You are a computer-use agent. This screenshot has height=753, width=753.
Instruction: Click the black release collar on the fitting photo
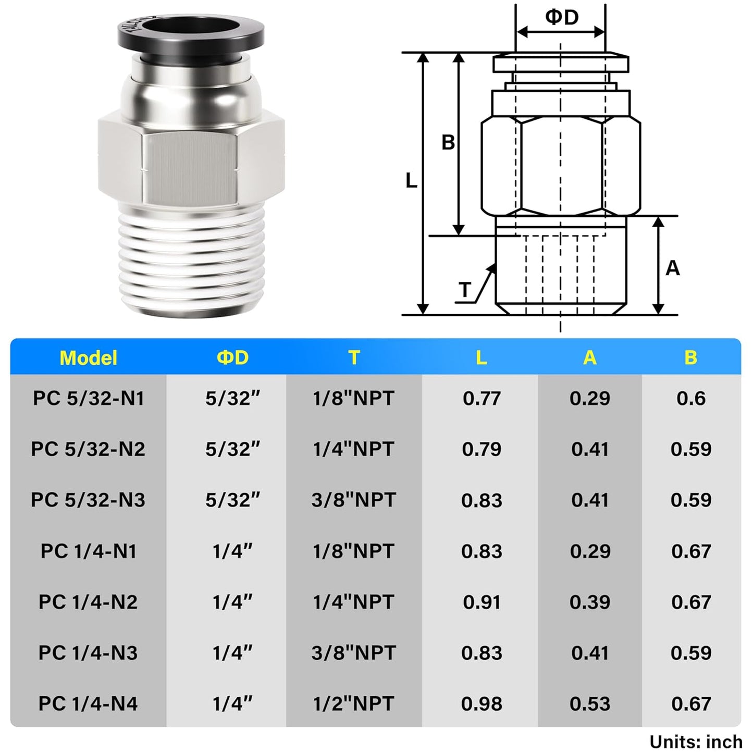pyautogui.click(x=191, y=34)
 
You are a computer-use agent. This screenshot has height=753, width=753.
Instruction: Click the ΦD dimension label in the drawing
pyautogui.click(x=562, y=17)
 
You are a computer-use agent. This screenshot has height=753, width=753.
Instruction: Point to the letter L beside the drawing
pyautogui.click(x=411, y=181)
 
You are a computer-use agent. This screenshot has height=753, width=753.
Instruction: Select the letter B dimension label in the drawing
pyautogui.click(x=448, y=142)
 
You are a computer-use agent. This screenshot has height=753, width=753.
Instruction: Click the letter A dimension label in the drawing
pyautogui.click(x=673, y=268)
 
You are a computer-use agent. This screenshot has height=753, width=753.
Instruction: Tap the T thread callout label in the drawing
pyautogui.click(x=465, y=289)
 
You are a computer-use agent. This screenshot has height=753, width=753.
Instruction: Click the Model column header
pyautogui.click(x=88, y=358)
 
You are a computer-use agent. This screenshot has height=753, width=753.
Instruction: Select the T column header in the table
pyautogui.click(x=354, y=358)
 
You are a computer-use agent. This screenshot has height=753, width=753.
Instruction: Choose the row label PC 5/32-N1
pyautogui.click(x=88, y=399)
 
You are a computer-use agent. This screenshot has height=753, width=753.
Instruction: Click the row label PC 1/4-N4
pyautogui.click(x=88, y=704)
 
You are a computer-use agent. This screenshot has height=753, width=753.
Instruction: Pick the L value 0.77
pyautogui.click(x=482, y=399)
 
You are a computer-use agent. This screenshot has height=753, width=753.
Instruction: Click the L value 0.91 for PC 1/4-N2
pyautogui.click(x=482, y=602)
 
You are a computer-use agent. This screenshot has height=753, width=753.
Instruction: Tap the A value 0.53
pyautogui.click(x=589, y=704)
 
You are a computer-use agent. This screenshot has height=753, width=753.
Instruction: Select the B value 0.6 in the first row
pyautogui.click(x=690, y=399)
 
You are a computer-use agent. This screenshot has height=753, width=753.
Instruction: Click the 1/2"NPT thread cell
pyautogui.click(x=353, y=704)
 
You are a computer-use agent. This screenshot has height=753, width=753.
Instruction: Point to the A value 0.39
pyautogui.click(x=589, y=602)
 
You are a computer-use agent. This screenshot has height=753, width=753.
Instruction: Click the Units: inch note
pyautogui.click(x=695, y=742)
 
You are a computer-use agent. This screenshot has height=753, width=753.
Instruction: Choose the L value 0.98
pyautogui.click(x=482, y=704)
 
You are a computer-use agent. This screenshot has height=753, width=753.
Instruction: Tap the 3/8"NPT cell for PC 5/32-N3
pyautogui.click(x=353, y=500)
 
